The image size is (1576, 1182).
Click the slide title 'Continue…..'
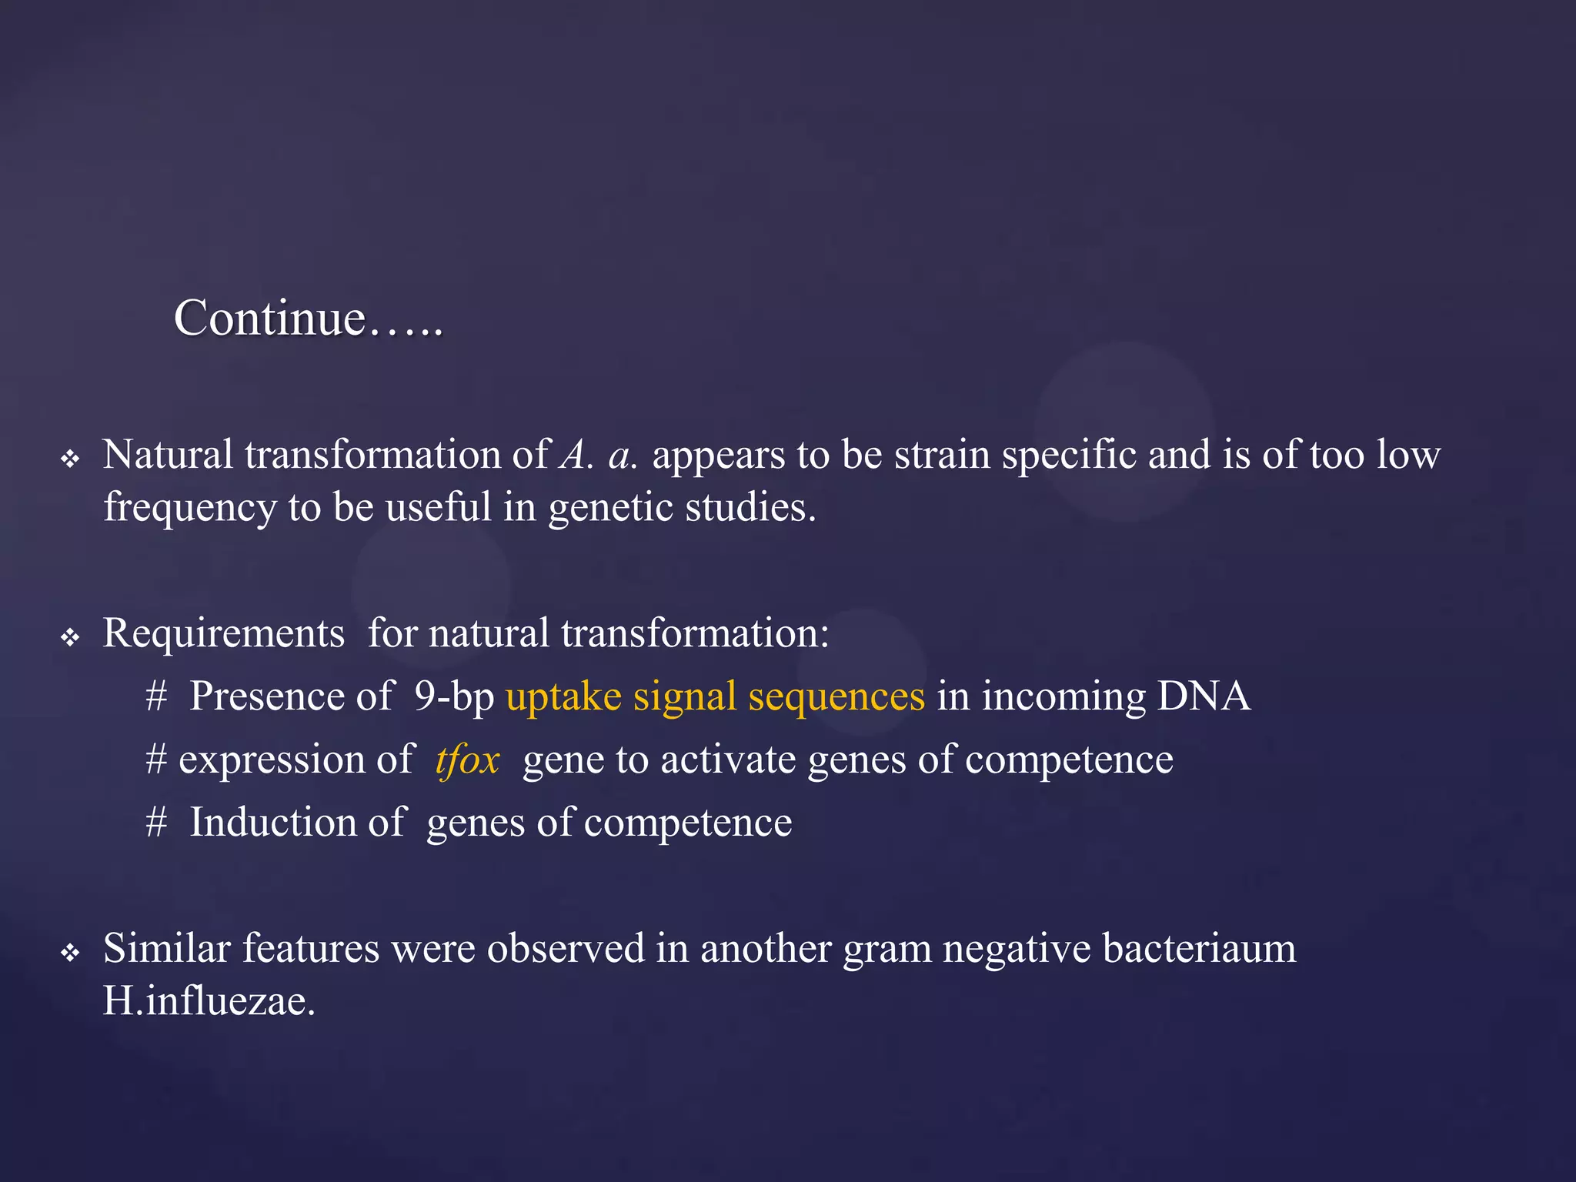pyautogui.click(x=308, y=318)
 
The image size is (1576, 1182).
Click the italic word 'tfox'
pyautogui.click(x=467, y=760)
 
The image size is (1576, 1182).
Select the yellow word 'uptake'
pyautogui.click(x=563, y=697)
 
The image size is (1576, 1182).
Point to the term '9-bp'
pyautogui.click(x=454, y=697)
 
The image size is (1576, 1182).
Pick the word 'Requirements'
pyautogui.click(x=223, y=634)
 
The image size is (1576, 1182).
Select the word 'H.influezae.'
pyautogui.click(x=209, y=1001)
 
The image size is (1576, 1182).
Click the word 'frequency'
pyautogui.click(x=190, y=509)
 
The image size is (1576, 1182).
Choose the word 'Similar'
pyautogui.click(x=166, y=948)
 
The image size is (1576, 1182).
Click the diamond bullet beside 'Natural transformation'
pyautogui.click(x=70, y=459)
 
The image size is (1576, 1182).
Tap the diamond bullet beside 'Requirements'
pyautogui.click(x=70, y=637)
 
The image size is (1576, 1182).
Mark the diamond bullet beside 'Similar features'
pyautogui.click(x=70, y=953)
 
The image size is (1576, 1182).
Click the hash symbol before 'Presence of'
pyautogui.click(x=156, y=696)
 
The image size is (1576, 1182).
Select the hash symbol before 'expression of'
pyautogui.click(x=156, y=760)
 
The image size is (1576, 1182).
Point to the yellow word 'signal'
pyautogui.click(x=685, y=697)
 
